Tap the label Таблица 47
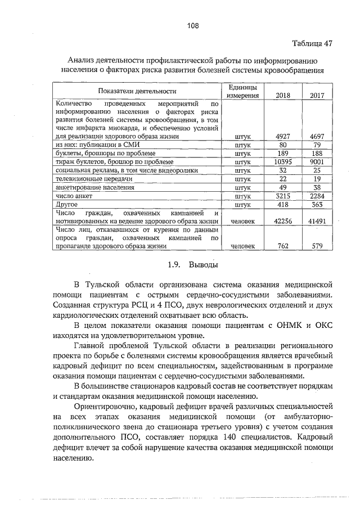pyautogui.click(x=312, y=43)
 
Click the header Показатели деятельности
pyautogui.click(x=137, y=91)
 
